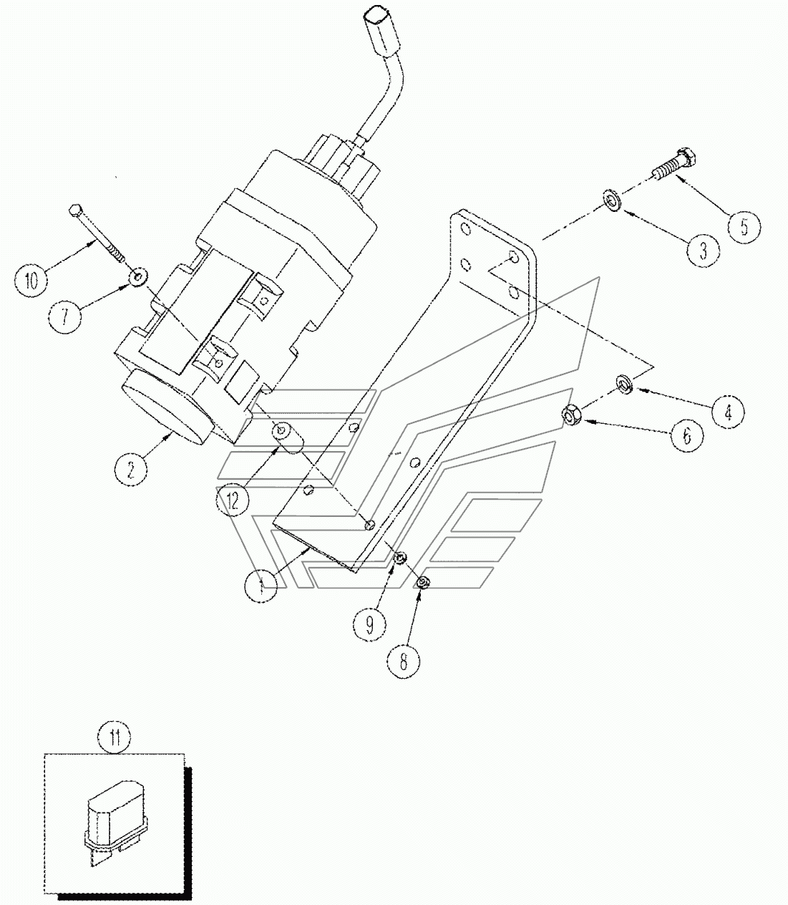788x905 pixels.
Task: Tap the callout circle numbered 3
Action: click(x=703, y=251)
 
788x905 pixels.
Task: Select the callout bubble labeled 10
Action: click(x=31, y=281)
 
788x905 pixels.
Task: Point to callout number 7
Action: click(x=64, y=316)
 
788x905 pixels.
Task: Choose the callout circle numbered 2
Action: click(x=131, y=470)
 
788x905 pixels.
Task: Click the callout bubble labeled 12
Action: click(x=233, y=500)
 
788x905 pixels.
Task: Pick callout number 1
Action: click(x=261, y=586)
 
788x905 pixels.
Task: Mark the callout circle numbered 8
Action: click(x=403, y=662)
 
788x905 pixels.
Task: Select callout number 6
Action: click(x=687, y=436)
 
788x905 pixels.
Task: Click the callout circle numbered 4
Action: click(x=728, y=412)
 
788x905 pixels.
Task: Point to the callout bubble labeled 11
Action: click(x=115, y=737)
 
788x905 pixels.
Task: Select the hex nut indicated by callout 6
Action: click(x=571, y=415)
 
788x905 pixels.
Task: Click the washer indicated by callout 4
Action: click(x=624, y=383)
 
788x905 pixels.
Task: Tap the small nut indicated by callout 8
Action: click(x=422, y=582)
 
